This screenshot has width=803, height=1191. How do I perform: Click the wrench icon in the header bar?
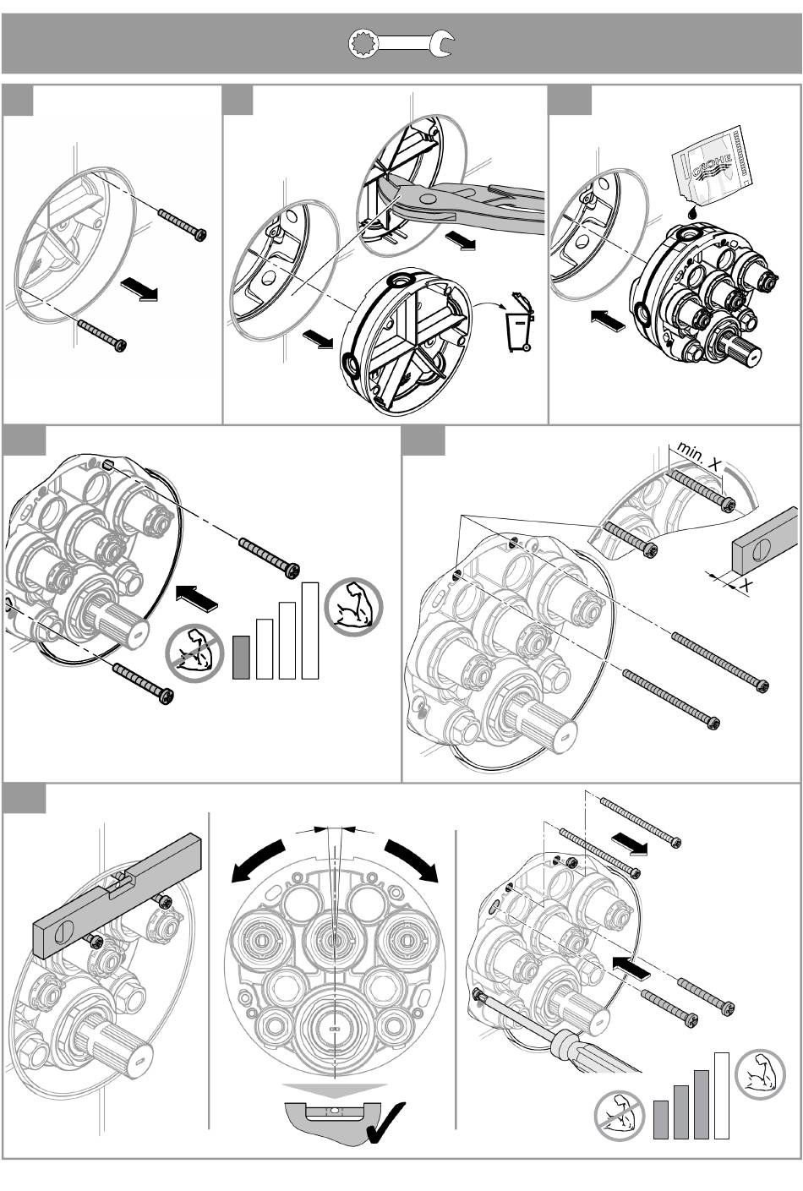[x=401, y=44]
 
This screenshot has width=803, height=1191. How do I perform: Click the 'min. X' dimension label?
[x=699, y=456]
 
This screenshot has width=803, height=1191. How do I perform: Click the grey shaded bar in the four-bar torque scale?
[x=242, y=657]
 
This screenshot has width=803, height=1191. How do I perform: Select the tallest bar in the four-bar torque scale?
[x=309, y=630]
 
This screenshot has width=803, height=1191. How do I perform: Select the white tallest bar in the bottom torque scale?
[x=721, y=1095]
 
